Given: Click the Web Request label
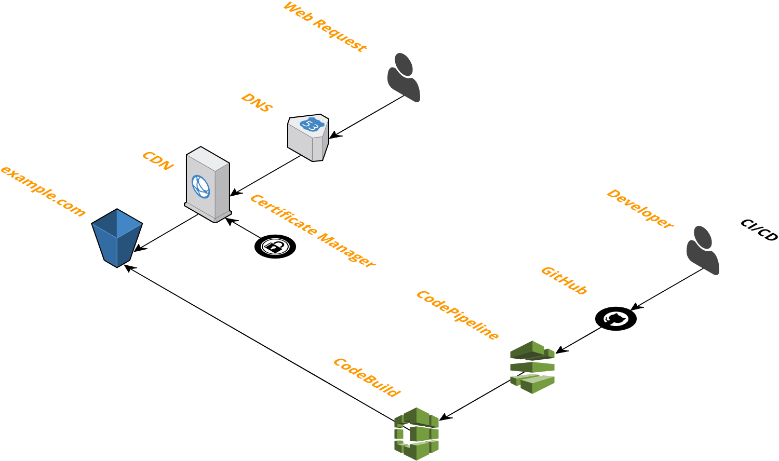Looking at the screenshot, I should [325, 26].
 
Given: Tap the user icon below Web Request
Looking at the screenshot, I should [404, 77].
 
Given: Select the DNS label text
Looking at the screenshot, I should [257, 103].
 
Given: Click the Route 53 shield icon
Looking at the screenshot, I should [309, 137].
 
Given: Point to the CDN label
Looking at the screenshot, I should [158, 161].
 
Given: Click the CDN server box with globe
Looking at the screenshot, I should [207, 184].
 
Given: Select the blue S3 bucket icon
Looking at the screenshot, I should [117, 238].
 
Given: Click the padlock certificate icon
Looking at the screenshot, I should [275, 246].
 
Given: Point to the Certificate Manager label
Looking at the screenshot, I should [312, 231].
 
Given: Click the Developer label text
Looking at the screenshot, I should [640, 209].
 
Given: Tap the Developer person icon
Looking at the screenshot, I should [703, 250].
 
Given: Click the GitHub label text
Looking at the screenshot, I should [564, 280].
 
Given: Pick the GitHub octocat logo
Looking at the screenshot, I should [615, 318].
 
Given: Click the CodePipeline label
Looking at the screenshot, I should [458, 315].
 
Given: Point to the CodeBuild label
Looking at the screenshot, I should [367, 377].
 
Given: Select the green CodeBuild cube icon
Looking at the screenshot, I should [417, 433].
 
